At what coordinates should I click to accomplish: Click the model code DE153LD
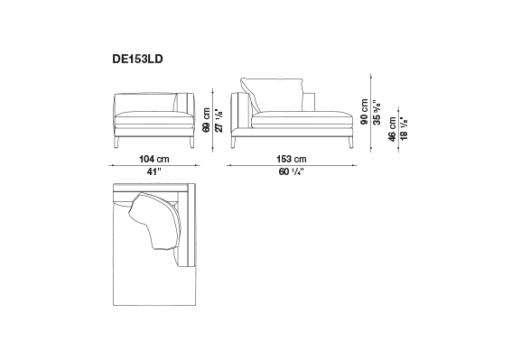(x=137, y=60)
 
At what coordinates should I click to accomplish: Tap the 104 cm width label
(x=154, y=159)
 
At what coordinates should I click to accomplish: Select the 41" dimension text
(x=154, y=171)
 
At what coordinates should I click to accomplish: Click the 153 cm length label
(x=292, y=159)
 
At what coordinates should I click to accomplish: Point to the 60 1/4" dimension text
(x=292, y=171)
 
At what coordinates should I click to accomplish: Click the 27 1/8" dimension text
(x=219, y=120)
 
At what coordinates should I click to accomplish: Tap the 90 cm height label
(x=364, y=112)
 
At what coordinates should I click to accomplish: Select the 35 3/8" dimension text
(x=377, y=112)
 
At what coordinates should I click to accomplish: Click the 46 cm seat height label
(x=392, y=129)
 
